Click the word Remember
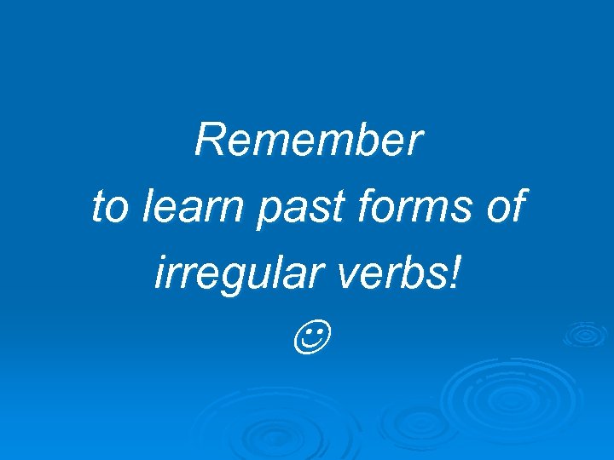pyautogui.click(x=308, y=141)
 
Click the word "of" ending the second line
pyautogui.click(x=506, y=208)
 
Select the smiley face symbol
pyautogui.click(x=308, y=338)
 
